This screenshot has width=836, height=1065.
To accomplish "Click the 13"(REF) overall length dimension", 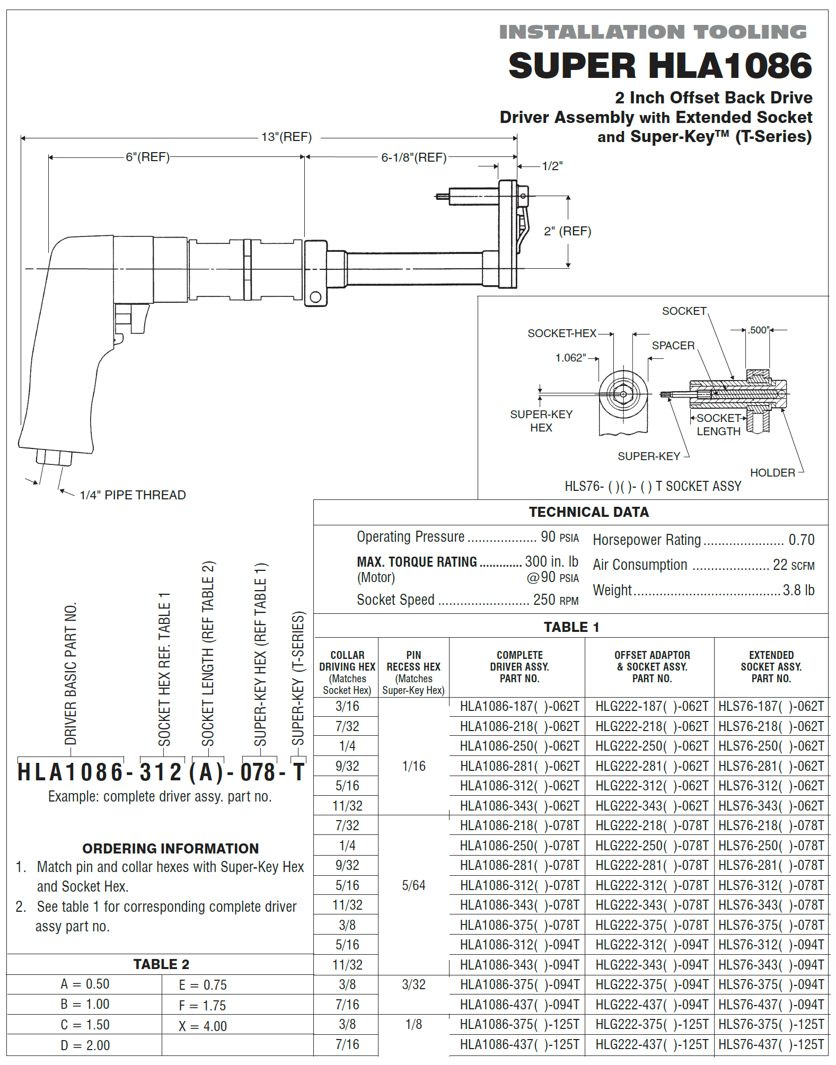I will pos(286,137).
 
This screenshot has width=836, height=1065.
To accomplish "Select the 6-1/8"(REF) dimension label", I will pos(414,157).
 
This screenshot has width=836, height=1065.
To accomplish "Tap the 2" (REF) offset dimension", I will pos(567,231).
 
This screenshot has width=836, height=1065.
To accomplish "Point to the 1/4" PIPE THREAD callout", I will pos(133,495).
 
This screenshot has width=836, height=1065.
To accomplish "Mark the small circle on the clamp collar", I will pos(315,297).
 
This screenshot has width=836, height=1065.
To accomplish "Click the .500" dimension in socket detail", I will pos(759,330).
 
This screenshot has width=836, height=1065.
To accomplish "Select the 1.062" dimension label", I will pos(570,358).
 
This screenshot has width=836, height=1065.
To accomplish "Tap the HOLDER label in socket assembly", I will pos(772,472).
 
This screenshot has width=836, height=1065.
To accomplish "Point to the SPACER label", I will pos(673,346).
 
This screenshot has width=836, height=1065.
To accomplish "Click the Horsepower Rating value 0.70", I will pos(801,540).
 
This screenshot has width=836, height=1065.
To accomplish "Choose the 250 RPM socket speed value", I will pos(555,600).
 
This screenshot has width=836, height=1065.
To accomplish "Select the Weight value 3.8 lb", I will pos(798,590).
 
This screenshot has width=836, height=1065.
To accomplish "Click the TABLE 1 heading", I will pos(571,627).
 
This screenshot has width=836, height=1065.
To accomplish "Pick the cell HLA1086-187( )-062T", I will pos(519,706).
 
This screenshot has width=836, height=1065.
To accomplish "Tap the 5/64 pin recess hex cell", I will pos(413,885).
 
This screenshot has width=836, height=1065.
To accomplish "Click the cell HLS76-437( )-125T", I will pos(771,1044).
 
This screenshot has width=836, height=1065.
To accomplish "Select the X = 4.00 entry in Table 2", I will pos(203,1026).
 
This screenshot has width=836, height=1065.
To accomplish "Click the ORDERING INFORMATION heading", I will pos(170,849).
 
